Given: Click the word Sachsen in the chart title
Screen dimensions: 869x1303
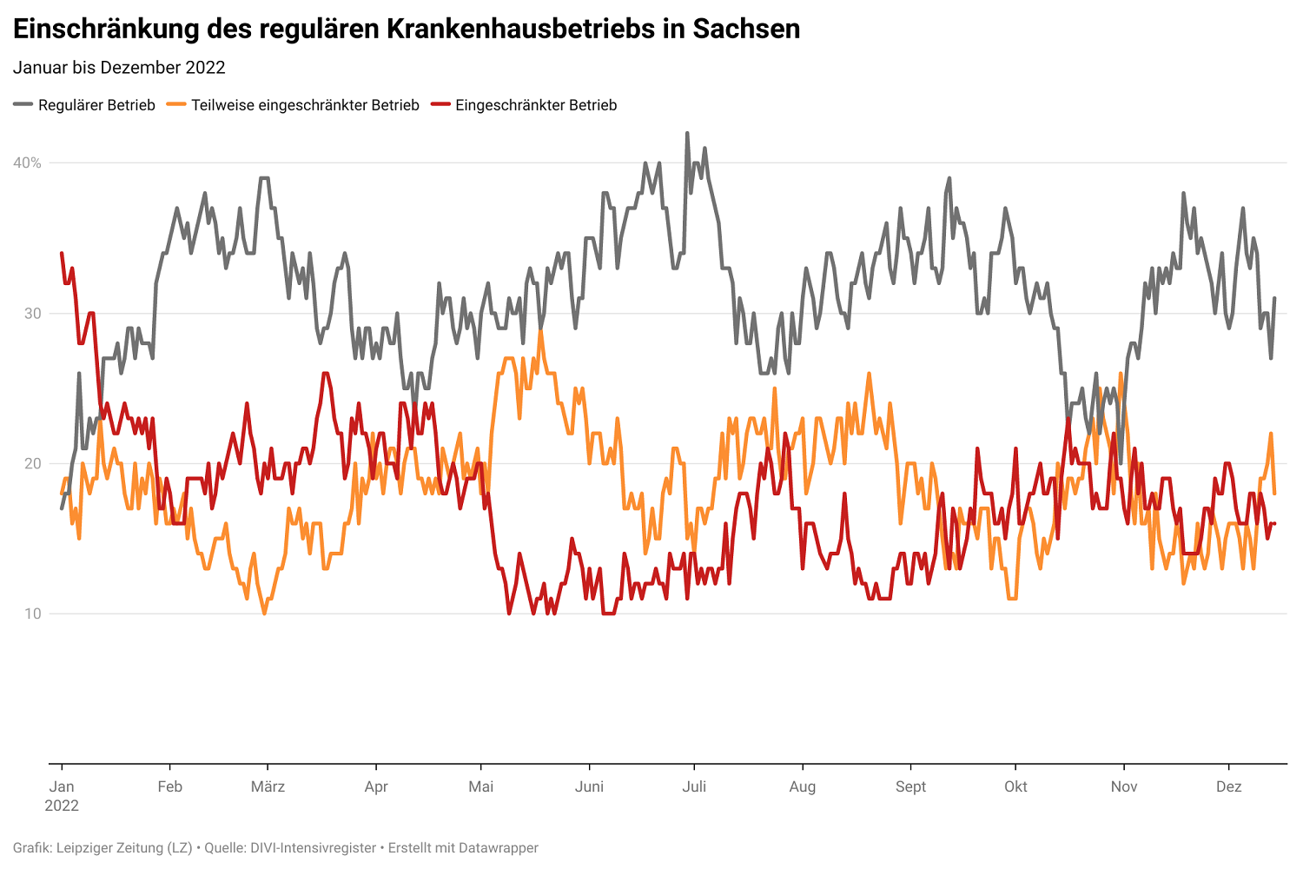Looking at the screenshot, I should click(746, 29).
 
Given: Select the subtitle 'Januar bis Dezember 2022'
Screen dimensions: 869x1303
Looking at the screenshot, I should click(119, 68).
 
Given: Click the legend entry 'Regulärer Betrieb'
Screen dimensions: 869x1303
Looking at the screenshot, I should click(96, 105).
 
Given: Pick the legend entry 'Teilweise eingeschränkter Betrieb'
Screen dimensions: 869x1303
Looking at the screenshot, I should click(305, 105).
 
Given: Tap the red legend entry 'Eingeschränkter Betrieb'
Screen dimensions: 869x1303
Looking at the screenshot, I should click(536, 105).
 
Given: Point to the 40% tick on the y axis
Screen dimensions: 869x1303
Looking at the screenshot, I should click(27, 163).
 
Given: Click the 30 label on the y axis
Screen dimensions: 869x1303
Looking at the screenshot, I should click(32, 314).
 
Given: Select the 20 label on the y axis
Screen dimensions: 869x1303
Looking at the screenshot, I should click(32, 464).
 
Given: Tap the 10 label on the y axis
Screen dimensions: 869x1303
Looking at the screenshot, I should click(32, 614).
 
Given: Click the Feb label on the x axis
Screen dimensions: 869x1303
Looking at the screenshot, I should click(170, 786).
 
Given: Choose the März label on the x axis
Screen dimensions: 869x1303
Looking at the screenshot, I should click(268, 786).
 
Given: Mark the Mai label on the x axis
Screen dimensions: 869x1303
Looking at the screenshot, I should click(480, 786).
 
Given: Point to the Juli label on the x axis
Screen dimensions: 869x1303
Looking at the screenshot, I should click(694, 786).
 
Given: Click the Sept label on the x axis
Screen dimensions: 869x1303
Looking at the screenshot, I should click(910, 786).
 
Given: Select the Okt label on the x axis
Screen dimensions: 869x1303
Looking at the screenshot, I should click(1015, 786).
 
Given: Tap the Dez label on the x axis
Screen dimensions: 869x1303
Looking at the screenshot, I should click(1228, 786).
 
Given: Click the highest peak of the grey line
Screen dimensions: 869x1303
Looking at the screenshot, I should click(687, 134).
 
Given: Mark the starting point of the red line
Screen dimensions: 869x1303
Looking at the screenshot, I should click(62, 253).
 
